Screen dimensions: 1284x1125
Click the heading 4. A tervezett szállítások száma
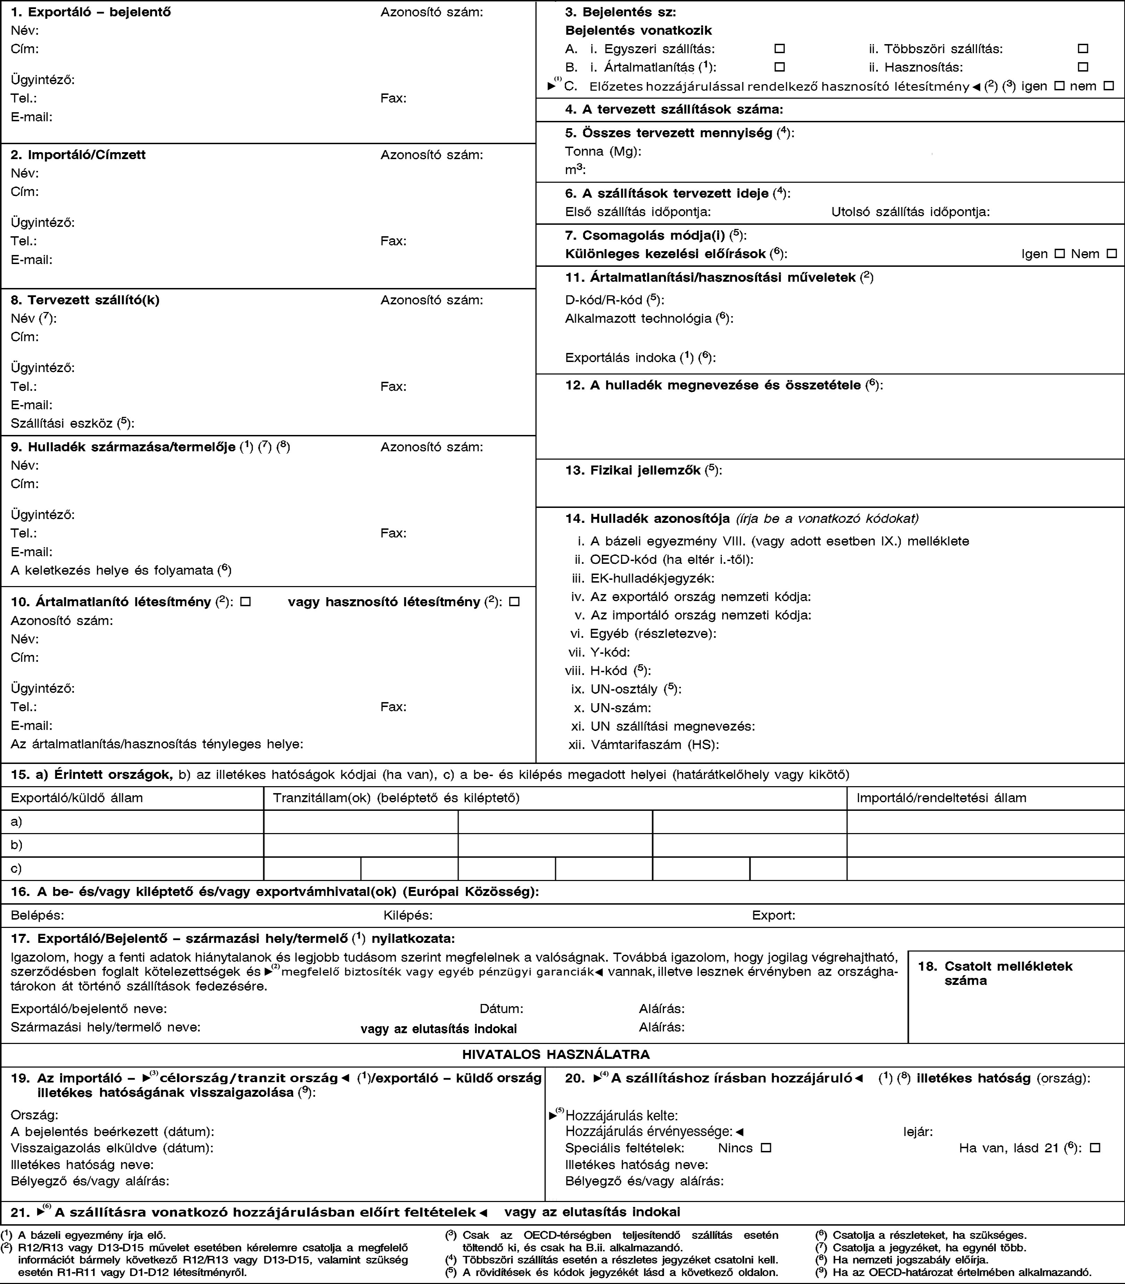coord(674,109)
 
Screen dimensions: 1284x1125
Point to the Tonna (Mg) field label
coord(603,151)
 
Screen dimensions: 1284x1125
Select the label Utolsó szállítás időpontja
coord(910,212)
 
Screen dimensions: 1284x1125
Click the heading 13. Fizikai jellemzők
coord(643,470)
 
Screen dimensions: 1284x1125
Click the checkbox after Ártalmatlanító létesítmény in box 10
coord(245,602)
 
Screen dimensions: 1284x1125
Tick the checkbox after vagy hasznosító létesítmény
coord(514,602)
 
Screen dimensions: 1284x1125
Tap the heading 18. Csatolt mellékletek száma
coord(995,972)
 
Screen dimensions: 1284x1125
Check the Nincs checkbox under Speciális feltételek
coord(765,1148)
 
